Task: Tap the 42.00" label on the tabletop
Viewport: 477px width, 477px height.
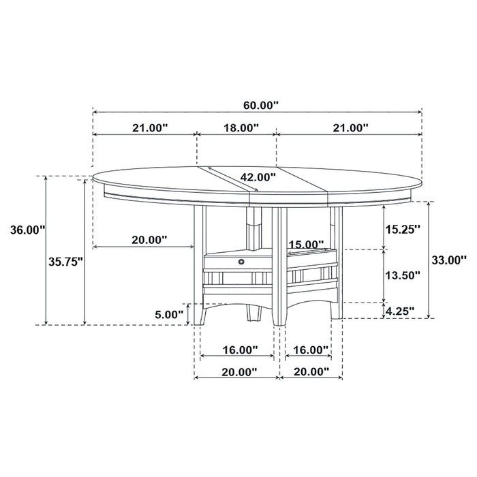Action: click(257, 177)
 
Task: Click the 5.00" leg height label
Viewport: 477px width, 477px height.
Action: click(169, 314)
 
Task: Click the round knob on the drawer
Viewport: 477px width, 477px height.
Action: click(241, 260)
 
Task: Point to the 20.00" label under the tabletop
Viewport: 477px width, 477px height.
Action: click(149, 240)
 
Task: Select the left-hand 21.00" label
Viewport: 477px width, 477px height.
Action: click(149, 127)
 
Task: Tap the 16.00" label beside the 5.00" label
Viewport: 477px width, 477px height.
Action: click(239, 350)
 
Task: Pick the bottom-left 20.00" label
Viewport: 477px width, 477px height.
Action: click(238, 371)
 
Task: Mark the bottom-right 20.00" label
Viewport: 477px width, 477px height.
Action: click(310, 371)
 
